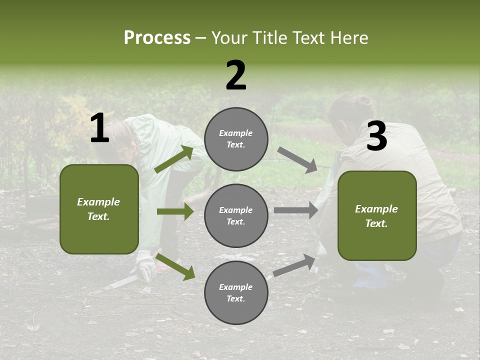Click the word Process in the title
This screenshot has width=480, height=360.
(x=157, y=37)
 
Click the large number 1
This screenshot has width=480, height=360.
(x=99, y=128)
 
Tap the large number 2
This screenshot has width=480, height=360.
(x=236, y=75)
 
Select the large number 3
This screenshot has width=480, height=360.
(x=377, y=136)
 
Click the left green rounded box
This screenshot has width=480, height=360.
(x=99, y=209)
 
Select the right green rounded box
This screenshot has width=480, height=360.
(x=377, y=215)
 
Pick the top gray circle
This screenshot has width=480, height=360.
(x=236, y=139)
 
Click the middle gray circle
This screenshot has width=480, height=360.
(x=236, y=215)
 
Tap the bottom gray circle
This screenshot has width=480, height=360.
(x=236, y=292)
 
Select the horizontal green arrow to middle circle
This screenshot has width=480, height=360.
(x=175, y=211)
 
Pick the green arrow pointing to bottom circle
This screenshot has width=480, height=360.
(x=175, y=266)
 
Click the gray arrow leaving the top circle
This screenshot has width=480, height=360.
(x=297, y=160)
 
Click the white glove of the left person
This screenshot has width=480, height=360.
(x=145, y=264)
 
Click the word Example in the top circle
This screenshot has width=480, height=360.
(x=236, y=133)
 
